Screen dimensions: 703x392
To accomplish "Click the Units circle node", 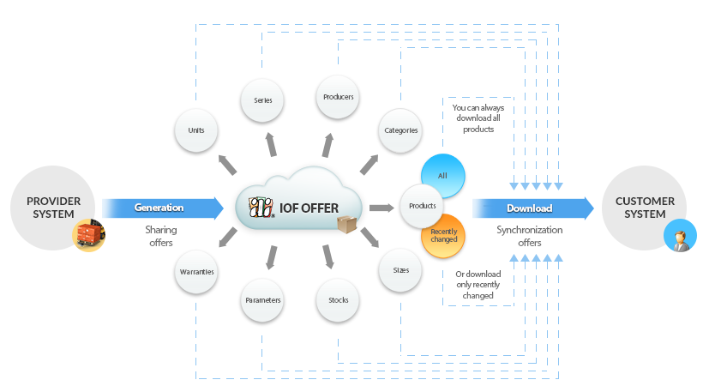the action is [x=196, y=130].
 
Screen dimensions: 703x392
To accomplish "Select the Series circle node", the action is [x=262, y=100].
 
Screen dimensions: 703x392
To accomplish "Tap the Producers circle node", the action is [x=338, y=97].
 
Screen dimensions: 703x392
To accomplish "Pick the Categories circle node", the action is [x=400, y=130].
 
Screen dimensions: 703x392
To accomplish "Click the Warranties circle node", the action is [x=196, y=272].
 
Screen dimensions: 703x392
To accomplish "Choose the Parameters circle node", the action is [x=262, y=300].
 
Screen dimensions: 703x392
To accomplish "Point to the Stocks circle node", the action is [x=338, y=300].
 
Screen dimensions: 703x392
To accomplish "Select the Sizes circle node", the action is [x=400, y=270].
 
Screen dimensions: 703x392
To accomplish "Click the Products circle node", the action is [x=422, y=206].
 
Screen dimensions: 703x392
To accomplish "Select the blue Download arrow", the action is [x=533, y=208].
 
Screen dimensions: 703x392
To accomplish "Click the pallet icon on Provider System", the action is [x=89, y=235].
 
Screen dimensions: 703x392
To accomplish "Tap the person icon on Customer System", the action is [x=680, y=236].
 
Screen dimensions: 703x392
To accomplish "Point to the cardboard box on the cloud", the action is [x=346, y=224].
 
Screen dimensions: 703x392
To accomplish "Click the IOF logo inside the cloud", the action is [x=261, y=208].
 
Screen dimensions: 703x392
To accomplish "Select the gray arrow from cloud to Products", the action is [x=382, y=208].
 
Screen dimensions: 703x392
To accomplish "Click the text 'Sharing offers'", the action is [x=161, y=236].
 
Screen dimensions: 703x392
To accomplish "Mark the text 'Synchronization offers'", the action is [x=530, y=236].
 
